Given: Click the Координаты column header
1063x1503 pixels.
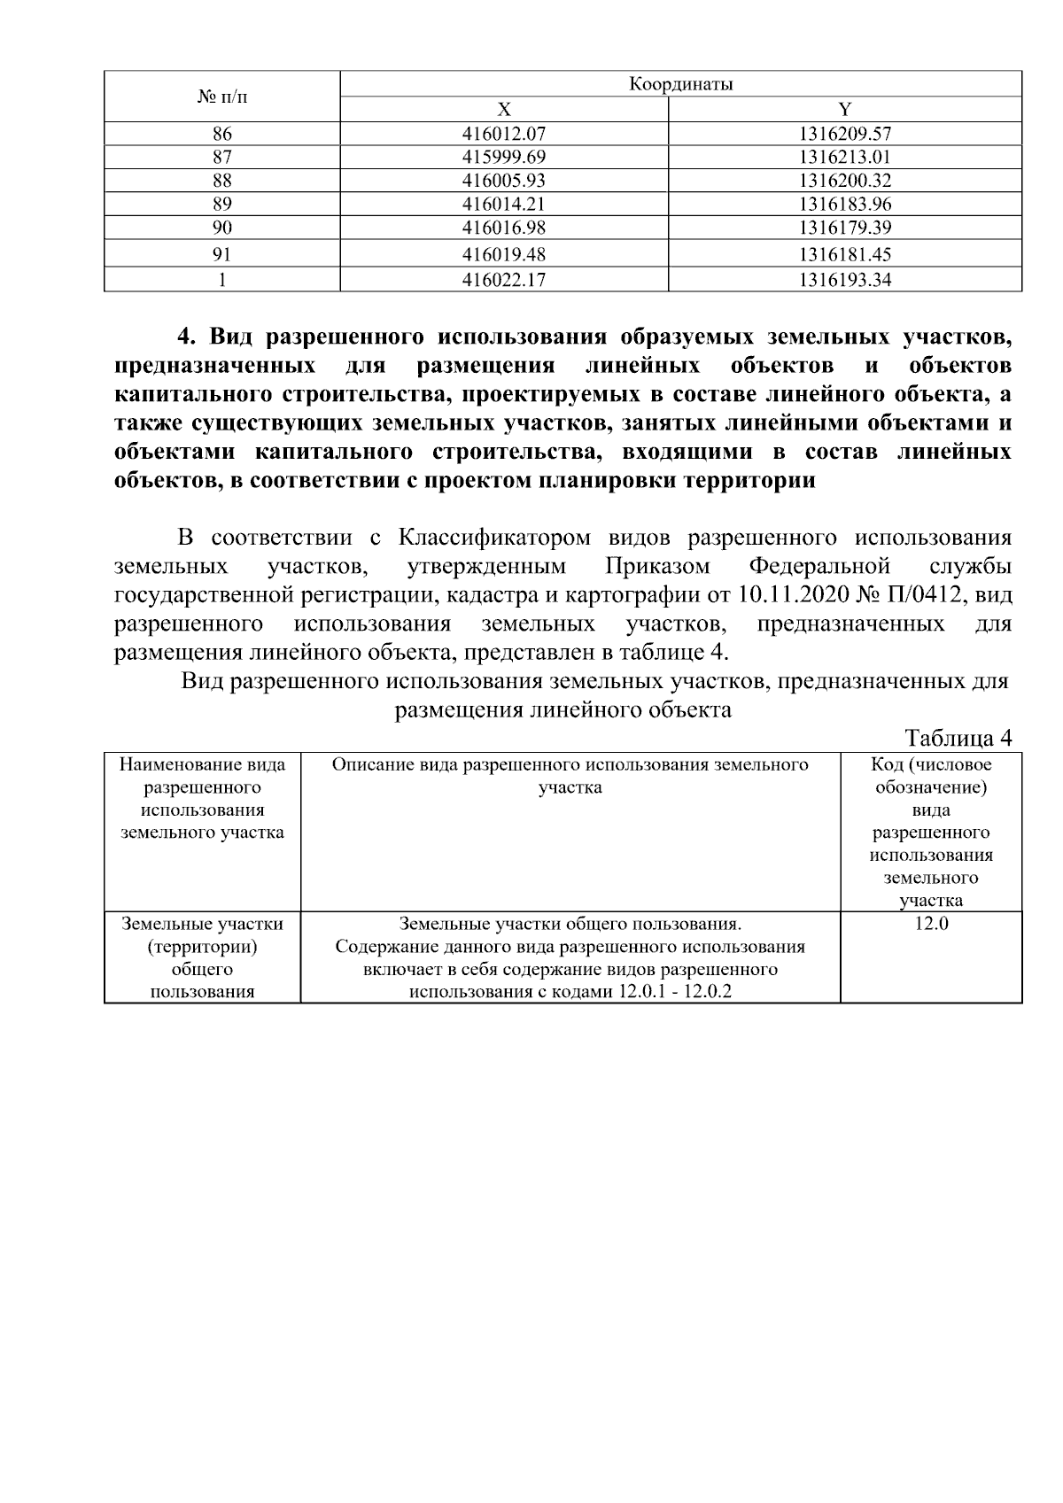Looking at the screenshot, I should pos(680,85).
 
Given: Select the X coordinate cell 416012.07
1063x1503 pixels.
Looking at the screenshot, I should pos(503,135).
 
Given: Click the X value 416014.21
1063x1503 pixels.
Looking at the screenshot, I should pos(503,204).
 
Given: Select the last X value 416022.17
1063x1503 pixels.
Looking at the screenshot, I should pos(503,281).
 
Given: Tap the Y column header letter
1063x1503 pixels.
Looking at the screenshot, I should pos(844,110).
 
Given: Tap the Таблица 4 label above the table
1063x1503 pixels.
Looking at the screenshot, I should pos(958,738).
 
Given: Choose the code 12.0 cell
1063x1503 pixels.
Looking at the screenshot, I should pos(930,924).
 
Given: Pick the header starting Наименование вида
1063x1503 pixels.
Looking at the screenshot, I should pos(202,764).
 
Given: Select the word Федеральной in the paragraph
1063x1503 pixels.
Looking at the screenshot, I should pos(819,566).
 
